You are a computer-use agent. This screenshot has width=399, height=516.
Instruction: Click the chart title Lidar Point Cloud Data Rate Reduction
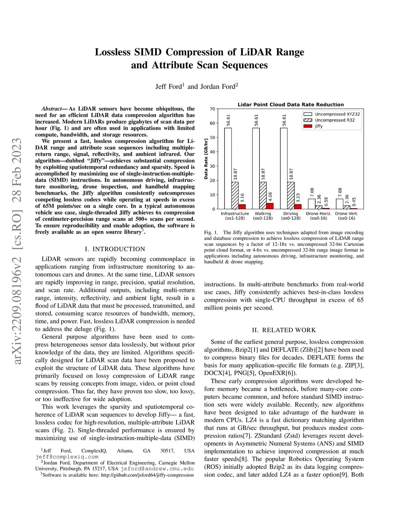click(291, 105)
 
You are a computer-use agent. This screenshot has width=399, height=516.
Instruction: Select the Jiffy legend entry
click(319, 126)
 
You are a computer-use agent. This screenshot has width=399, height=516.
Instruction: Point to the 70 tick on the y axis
click(212, 109)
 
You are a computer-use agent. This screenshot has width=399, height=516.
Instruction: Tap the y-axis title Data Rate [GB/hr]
click(206, 159)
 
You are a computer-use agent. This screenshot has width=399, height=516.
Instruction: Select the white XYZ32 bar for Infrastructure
click(228, 168)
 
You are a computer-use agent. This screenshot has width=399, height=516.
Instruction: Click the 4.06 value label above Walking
click(270, 197)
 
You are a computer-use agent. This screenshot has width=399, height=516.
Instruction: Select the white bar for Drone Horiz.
click(312, 204)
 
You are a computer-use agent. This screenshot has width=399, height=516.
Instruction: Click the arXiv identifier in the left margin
click(17, 252)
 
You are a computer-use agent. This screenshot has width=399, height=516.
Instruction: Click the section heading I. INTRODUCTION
click(115, 249)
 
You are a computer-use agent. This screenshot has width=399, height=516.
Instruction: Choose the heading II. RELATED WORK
click(284, 330)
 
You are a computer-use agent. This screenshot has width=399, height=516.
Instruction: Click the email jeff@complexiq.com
click(67, 457)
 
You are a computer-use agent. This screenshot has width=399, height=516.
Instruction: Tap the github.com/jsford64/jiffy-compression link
click(147, 475)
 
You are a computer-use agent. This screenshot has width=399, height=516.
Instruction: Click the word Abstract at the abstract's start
click(52, 109)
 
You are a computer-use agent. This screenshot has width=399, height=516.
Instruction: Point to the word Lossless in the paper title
click(113, 52)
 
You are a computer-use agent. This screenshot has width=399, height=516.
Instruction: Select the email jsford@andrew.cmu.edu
click(157, 469)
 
